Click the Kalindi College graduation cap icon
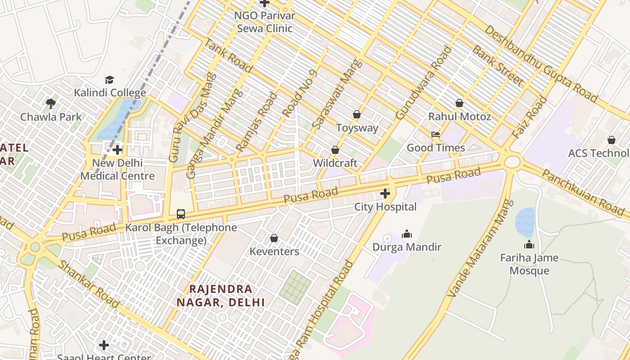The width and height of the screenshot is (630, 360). click(109, 80)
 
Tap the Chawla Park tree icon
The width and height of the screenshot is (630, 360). click(51, 104)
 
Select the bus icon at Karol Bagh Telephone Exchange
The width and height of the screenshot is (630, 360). click(181, 214)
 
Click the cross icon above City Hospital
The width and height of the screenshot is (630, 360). click(385, 194)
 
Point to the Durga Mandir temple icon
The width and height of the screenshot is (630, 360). click(407, 234)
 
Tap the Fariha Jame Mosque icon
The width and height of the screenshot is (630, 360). click(529, 245)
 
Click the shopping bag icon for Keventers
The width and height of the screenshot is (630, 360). click(274, 238)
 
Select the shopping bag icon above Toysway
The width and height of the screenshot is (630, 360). click(357, 115)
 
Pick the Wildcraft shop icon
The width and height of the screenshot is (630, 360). click(335, 150)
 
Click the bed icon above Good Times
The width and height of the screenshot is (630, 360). click(435, 135)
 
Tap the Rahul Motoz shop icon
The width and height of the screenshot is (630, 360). click(459, 103)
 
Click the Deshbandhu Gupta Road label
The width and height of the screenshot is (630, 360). click(541, 63)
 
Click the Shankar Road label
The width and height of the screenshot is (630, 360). click(89, 284)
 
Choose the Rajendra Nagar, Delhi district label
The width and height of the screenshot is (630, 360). click(220, 296)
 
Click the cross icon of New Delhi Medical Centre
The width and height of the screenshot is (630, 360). click(118, 150)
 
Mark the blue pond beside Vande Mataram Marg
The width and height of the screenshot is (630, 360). click(525, 222)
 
